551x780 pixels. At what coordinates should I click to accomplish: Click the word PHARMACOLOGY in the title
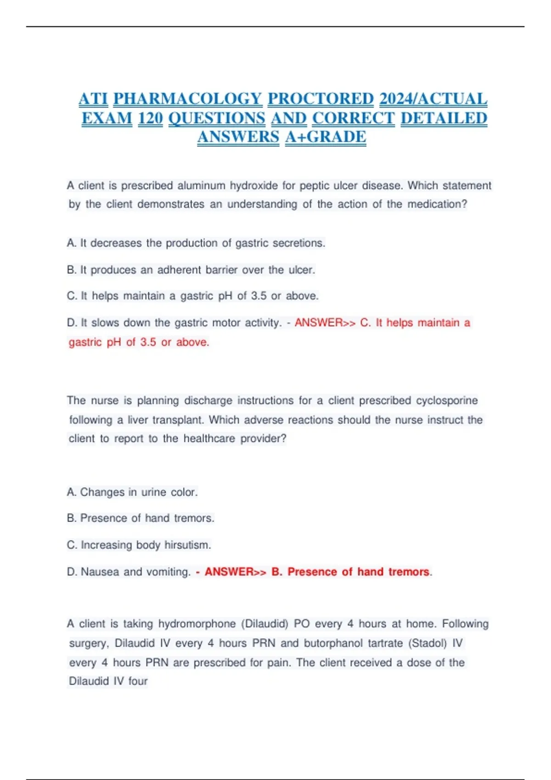[x=187, y=99]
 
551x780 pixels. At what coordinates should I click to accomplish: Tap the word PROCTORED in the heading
[x=320, y=99]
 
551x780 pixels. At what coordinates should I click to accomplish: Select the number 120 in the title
[x=150, y=118]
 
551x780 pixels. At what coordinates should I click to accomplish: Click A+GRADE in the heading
[x=326, y=137]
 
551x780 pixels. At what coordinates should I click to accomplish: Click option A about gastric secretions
[x=196, y=243]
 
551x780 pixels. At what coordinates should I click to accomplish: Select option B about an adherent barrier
[x=191, y=270]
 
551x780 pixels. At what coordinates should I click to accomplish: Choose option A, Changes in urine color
[x=132, y=492]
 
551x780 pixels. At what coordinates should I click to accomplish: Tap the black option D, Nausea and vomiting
[x=129, y=572]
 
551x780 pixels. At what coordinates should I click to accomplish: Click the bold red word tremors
[x=409, y=572]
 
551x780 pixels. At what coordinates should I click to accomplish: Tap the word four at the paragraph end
[x=138, y=681]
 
